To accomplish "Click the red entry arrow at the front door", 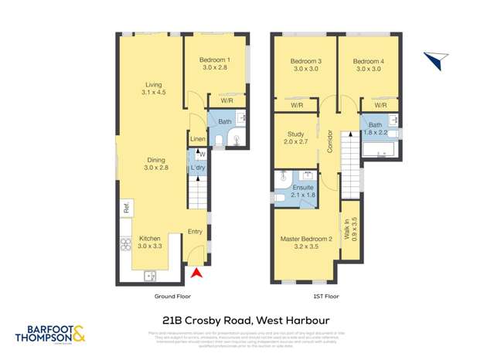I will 196,273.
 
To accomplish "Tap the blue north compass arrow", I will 435,59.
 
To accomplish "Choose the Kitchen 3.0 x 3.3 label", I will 149,243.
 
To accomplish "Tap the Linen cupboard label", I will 198,140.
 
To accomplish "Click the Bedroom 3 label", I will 305,65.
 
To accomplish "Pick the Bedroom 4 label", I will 368,65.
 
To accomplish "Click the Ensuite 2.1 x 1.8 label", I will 303,191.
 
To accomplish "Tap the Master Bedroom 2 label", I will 305,243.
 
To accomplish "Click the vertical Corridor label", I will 329,142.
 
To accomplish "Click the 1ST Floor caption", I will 326,297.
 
